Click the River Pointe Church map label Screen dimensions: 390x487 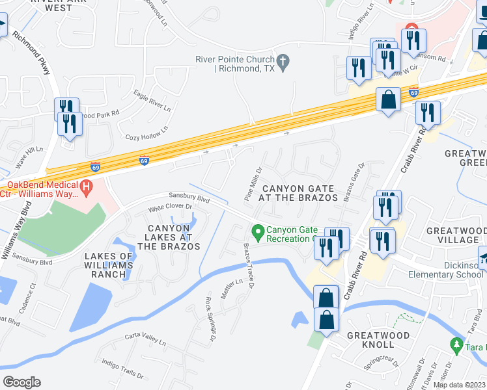(234, 64)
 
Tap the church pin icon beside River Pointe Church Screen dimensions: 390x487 (283, 62)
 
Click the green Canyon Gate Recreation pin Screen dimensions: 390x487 (258, 231)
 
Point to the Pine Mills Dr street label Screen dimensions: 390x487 (253, 183)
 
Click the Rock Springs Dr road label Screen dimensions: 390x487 (210, 319)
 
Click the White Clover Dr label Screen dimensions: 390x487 (171, 207)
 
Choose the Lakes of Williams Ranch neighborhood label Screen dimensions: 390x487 (109, 265)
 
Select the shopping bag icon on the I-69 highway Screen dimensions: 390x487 (389, 101)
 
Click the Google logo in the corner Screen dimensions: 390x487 (21, 382)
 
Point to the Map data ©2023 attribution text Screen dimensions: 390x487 (458, 385)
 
